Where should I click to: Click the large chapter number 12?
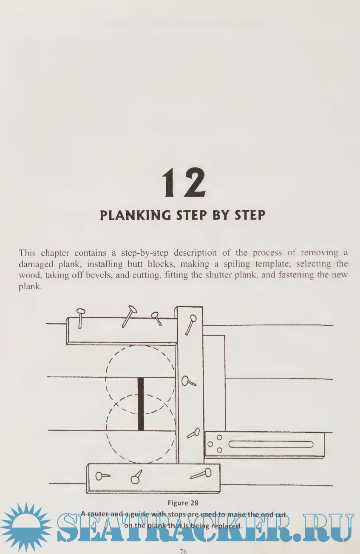(x=184, y=183)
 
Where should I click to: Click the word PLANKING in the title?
(x=135, y=215)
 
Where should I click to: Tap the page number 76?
(x=183, y=551)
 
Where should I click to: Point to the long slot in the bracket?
(x=271, y=444)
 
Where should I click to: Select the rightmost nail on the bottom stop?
(x=201, y=474)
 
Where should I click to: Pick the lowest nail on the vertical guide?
(x=193, y=433)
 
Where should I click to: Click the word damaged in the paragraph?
(x=36, y=265)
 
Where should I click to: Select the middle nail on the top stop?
(x=130, y=317)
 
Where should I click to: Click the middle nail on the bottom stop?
(x=136, y=477)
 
